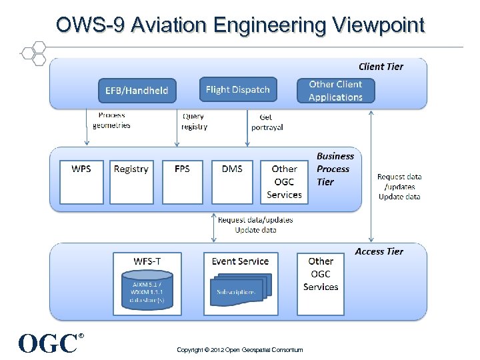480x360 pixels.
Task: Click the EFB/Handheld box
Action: (x=137, y=91)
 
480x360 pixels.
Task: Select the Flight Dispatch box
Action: (x=238, y=89)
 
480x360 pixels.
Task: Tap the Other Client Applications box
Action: (x=335, y=91)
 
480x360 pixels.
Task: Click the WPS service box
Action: (x=81, y=181)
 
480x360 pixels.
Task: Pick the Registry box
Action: (x=131, y=181)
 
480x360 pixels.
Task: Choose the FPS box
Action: (x=181, y=181)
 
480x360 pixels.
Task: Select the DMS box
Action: (x=232, y=181)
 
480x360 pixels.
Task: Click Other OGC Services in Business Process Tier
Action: (x=284, y=181)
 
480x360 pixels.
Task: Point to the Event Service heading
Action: (x=240, y=261)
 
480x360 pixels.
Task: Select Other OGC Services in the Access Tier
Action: (x=321, y=274)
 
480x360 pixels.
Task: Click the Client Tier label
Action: (x=381, y=66)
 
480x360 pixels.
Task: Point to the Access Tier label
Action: (x=379, y=251)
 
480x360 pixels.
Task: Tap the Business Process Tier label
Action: (x=335, y=169)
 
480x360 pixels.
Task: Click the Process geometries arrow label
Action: (x=111, y=120)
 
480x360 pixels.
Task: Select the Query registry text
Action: (x=194, y=121)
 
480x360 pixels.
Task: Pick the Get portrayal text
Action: (x=267, y=122)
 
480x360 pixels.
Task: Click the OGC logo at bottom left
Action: (x=49, y=343)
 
